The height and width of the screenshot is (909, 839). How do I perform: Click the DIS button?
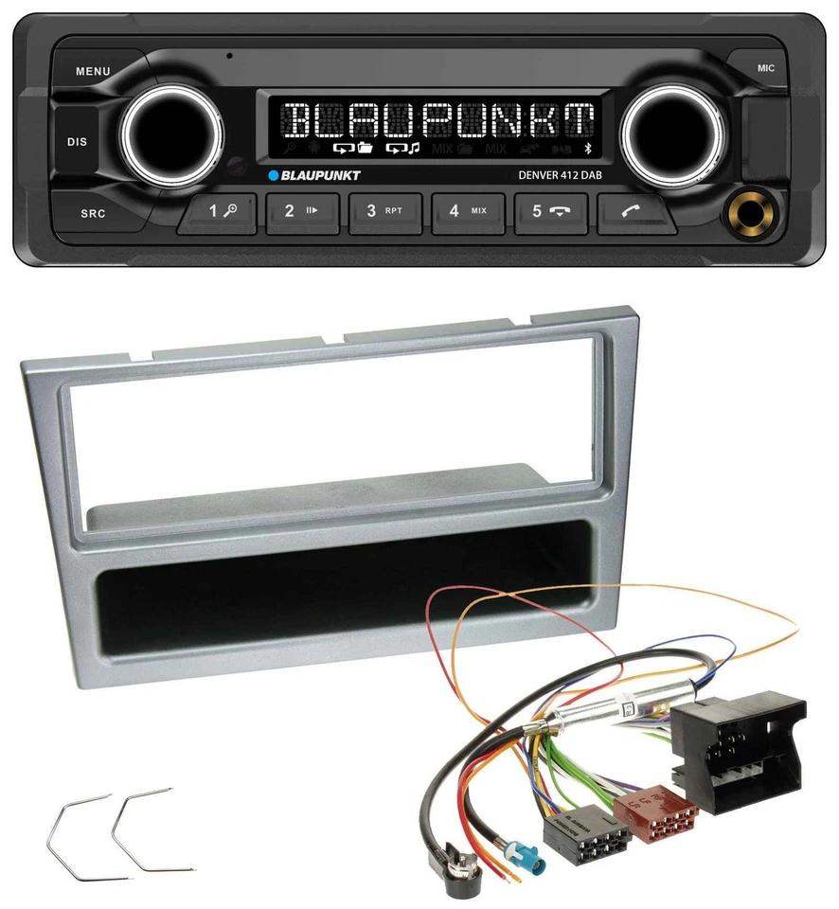(77, 142)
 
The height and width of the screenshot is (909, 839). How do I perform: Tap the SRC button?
(92, 213)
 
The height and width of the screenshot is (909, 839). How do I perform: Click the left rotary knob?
(173, 134)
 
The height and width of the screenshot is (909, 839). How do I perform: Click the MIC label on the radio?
(766, 68)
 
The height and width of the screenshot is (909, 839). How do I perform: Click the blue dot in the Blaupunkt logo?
(273, 175)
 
